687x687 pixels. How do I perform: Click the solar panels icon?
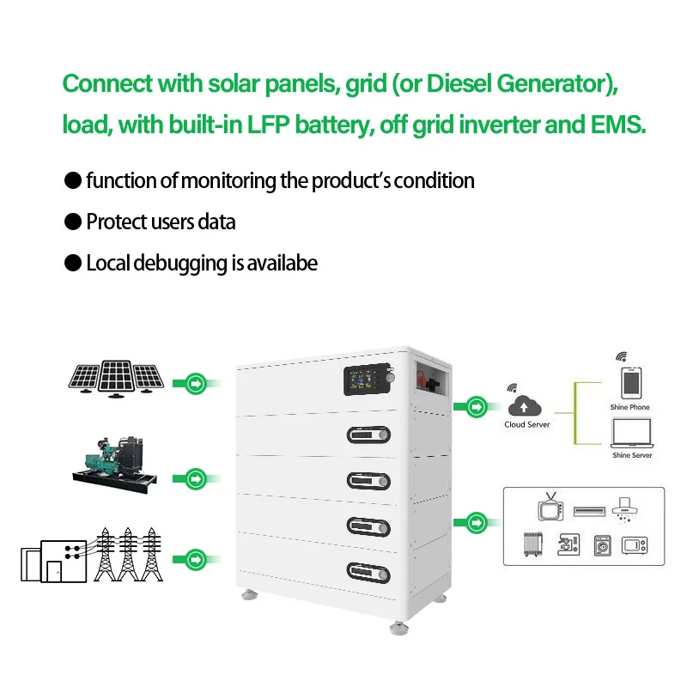[116, 379]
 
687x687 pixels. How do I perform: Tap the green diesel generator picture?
[115, 465]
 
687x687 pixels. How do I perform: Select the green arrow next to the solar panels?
[196, 384]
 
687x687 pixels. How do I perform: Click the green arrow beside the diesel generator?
[196, 479]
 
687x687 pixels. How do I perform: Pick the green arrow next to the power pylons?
[196, 560]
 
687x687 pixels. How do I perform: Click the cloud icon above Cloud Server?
[525, 405]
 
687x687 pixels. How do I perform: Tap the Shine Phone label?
[629, 407]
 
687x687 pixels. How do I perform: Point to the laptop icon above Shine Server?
[632, 433]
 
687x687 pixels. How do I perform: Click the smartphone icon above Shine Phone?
[631, 382]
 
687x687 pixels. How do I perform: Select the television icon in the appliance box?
[550, 507]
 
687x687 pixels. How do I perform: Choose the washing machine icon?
[603, 545]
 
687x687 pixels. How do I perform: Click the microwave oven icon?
[634, 545]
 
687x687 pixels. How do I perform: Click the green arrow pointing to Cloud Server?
[477, 406]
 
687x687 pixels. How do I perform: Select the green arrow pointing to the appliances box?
[477, 522]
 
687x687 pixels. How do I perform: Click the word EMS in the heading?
[618, 125]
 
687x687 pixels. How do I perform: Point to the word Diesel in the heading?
[459, 83]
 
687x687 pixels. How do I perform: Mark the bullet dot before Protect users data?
[73, 222]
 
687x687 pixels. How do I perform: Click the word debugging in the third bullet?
[180, 264]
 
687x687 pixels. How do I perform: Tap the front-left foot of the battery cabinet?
[249, 594]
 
